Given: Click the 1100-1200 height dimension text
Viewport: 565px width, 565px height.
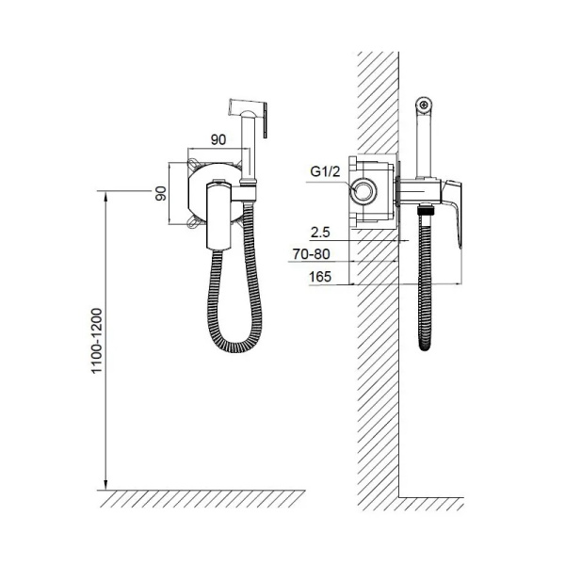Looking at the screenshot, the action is (97, 341).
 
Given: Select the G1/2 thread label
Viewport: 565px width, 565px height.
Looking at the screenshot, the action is (325, 171).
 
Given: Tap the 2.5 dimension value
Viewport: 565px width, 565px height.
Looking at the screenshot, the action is (320, 233).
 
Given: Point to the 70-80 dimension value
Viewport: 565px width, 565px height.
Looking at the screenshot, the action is (311, 254).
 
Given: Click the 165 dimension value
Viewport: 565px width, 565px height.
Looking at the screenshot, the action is (320, 277).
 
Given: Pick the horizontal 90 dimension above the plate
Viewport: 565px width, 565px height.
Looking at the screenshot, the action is (218, 139).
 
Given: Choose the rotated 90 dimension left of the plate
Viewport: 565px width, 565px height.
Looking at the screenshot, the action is (161, 193).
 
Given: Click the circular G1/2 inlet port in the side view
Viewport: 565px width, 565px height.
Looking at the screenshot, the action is (364, 191).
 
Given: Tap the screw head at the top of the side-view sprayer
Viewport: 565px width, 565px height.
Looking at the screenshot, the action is (424, 105).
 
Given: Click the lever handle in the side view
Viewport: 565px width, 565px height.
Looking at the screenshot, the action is (452, 213).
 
